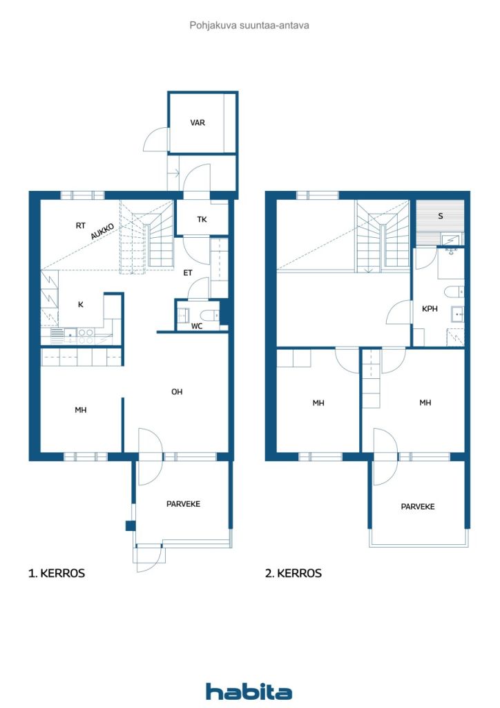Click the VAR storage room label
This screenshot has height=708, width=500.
pyautogui.click(x=198, y=122)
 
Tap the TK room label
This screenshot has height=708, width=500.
pyautogui.click(x=202, y=219)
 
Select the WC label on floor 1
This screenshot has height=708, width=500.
pyautogui.click(x=197, y=326)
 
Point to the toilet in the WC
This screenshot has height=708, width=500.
pyautogui.click(x=210, y=315)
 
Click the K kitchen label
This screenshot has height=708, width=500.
pyautogui.click(x=81, y=304)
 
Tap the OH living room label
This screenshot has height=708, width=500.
pyautogui.click(x=177, y=392)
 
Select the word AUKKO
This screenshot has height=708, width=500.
pyautogui.click(x=102, y=231)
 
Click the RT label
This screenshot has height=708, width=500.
pyautogui.click(x=80, y=225)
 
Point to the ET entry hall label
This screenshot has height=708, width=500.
pyautogui.click(x=188, y=272)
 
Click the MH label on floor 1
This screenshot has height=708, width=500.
pyautogui.click(x=81, y=410)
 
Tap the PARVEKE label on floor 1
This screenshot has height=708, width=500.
pyautogui.click(x=183, y=504)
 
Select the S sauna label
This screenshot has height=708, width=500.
pyautogui.click(x=441, y=216)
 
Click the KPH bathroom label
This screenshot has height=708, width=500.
pyautogui.click(x=430, y=309)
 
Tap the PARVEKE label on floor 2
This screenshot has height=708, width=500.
pyautogui.click(x=418, y=507)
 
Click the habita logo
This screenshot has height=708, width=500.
pyautogui.click(x=249, y=691)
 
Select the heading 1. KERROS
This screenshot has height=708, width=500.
pyautogui.click(x=57, y=573)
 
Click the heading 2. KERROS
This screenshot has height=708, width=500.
pyautogui.click(x=293, y=573)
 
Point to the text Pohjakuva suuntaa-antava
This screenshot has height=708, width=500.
pyautogui.click(x=249, y=26)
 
